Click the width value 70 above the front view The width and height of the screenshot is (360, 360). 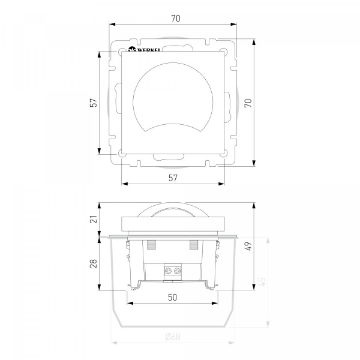coord(176,19)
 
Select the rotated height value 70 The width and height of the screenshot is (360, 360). coord(248,103)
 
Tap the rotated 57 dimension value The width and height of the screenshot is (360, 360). coord(94,103)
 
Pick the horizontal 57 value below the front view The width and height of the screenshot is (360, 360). coord(173,178)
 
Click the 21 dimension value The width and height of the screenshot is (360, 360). coord(94,219)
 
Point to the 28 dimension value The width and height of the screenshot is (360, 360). coord(94,263)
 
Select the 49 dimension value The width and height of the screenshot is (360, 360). coord(248,246)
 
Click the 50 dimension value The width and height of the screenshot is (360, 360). coord(172,298)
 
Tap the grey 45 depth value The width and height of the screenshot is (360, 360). coord(262,282)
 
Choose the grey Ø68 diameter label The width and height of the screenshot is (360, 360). coord(173,337)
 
